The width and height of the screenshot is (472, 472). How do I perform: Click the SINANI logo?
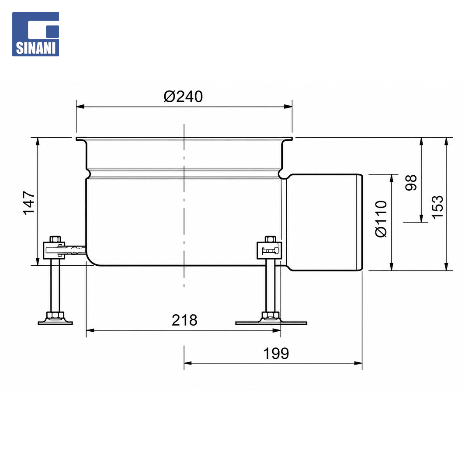tap(35, 34)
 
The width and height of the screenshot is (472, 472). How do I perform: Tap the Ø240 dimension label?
tap(183, 97)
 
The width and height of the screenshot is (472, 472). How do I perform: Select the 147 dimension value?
tap(29, 203)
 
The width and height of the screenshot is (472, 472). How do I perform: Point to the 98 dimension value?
tap(411, 182)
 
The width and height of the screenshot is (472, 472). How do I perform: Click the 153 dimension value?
tap(437, 208)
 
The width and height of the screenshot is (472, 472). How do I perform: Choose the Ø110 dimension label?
tap(381, 219)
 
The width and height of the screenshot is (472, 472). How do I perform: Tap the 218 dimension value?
tap(184, 320)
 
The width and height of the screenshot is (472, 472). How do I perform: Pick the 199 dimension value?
tap(276, 354)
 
